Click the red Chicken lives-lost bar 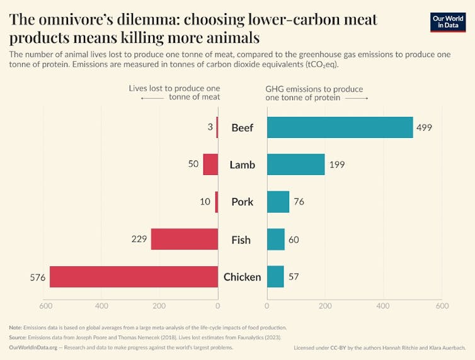point(134,277)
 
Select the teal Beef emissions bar point(340,127)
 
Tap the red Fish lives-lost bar point(184,239)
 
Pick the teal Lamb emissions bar point(295,164)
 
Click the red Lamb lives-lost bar point(210,164)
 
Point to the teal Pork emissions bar point(278,202)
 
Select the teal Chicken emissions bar point(275,277)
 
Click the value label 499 point(423,128)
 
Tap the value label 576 point(38,278)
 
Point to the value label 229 point(139,239)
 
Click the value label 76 point(300,202)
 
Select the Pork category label point(242,202)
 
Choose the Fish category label point(242,240)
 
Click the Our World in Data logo point(448,21)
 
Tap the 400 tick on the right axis point(383,306)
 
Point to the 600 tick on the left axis point(45,306)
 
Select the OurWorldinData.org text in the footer point(33,347)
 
